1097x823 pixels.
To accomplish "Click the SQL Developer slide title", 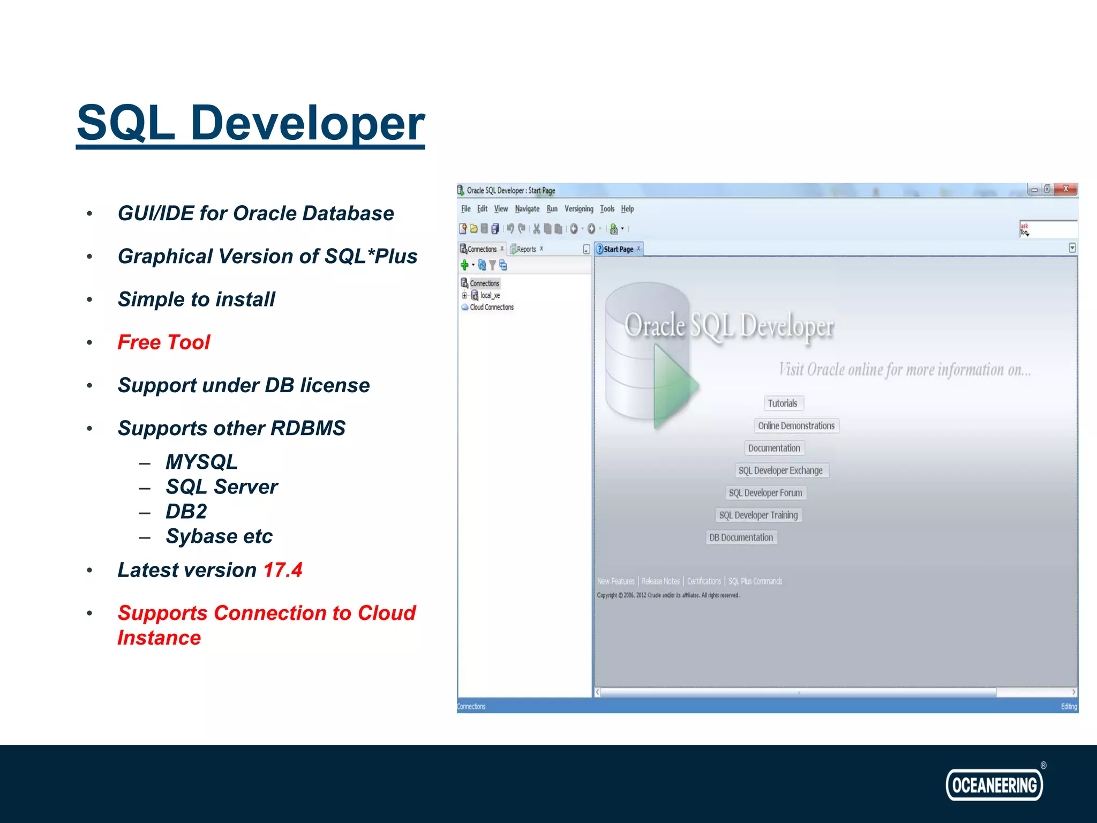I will click(251, 123).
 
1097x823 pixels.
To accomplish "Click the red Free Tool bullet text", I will click(163, 342).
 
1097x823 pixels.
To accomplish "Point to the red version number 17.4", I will click(283, 570).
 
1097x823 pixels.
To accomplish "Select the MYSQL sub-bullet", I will click(201, 462).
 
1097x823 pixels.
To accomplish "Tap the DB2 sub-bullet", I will click(186, 512).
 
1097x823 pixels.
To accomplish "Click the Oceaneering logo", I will click(994, 785).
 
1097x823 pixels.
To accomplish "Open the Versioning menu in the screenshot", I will click(578, 209).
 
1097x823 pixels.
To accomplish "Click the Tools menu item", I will click(607, 209).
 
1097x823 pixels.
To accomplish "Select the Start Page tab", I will click(618, 249).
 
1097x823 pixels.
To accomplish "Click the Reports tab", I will click(526, 249).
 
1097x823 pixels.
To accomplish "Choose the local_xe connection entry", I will click(490, 295).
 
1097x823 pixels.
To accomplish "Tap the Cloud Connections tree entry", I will click(491, 308).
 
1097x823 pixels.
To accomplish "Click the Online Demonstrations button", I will click(796, 426).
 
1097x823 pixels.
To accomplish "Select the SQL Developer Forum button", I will click(765, 493).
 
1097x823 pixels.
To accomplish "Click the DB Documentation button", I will click(741, 537).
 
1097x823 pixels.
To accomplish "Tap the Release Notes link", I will click(660, 581).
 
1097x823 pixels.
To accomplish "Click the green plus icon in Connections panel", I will click(464, 265).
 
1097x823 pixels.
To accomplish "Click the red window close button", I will click(1065, 189).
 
